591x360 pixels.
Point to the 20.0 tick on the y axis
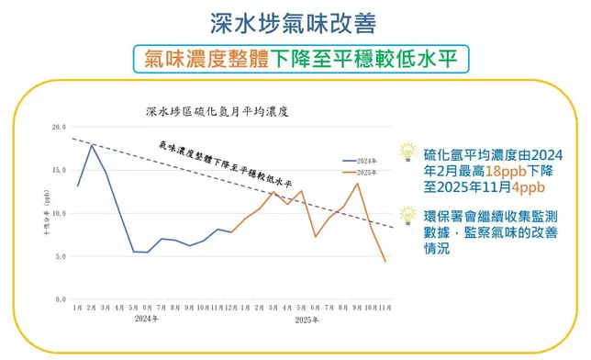pyautogui.click(x=59, y=127)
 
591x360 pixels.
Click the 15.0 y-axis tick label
pyautogui.click(x=59, y=170)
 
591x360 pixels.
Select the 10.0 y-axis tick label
pyautogui.click(x=59, y=213)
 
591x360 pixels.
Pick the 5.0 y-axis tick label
pyautogui.click(x=61, y=256)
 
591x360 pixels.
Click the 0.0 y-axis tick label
pyautogui.click(x=61, y=299)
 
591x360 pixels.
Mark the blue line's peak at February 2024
pyautogui.click(x=92, y=145)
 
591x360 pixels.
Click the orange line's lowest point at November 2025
pyautogui.click(x=385, y=262)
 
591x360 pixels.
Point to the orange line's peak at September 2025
pyautogui.click(x=358, y=184)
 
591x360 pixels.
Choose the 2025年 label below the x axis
pyautogui.click(x=307, y=321)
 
